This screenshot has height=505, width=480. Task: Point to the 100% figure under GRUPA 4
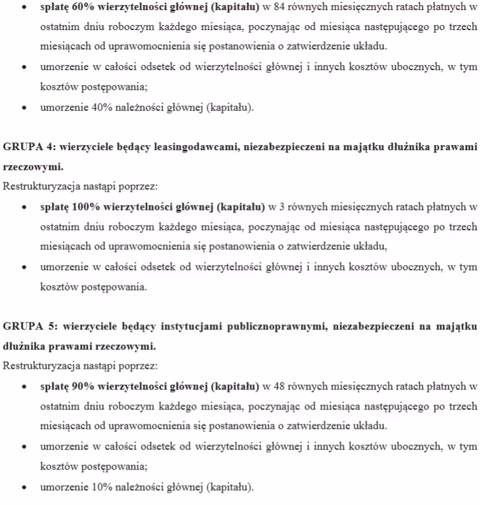(x=82, y=206)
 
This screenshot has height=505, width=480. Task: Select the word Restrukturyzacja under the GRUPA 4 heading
(x=38, y=186)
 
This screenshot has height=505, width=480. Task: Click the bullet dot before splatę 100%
(x=24, y=206)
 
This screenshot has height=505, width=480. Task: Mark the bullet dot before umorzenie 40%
(x=24, y=108)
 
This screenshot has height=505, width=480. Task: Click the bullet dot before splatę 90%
(x=24, y=385)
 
